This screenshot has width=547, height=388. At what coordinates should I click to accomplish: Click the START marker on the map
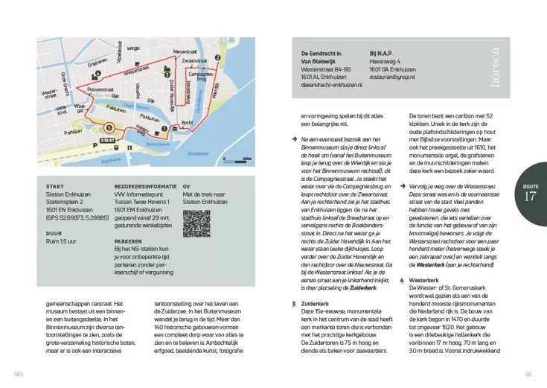[x=109, y=139]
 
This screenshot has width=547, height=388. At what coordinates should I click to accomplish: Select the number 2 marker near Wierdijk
[x=217, y=57]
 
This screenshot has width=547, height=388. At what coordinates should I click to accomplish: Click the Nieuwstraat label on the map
[x=185, y=51]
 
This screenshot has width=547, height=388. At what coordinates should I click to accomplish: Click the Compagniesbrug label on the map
[x=202, y=76]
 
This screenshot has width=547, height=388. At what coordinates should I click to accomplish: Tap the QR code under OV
[x=196, y=223]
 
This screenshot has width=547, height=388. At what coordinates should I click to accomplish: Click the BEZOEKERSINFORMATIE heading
[x=145, y=186]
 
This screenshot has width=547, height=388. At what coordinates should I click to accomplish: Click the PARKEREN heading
[x=129, y=242]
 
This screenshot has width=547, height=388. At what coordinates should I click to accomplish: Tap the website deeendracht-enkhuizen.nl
[x=331, y=86]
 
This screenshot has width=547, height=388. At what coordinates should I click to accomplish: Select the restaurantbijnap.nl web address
[x=392, y=77]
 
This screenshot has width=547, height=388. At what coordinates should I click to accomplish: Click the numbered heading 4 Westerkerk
[x=425, y=280]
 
